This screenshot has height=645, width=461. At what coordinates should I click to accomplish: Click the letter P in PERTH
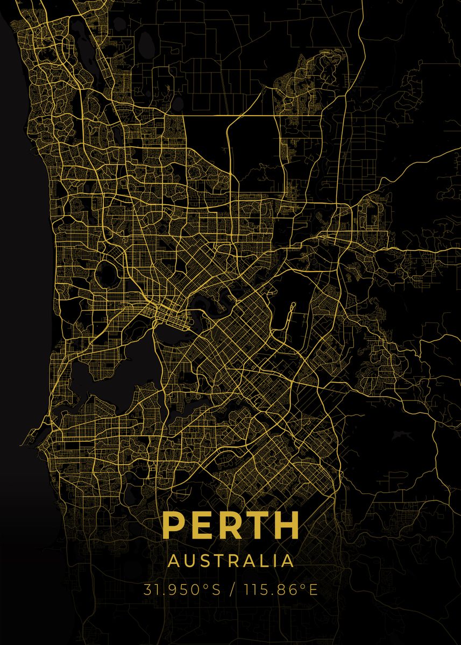[x=174, y=525]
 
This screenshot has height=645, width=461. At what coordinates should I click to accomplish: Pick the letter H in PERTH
[x=285, y=525]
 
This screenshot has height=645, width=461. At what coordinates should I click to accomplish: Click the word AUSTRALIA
[x=231, y=561]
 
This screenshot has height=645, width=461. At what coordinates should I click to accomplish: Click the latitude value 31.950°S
[x=182, y=590]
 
